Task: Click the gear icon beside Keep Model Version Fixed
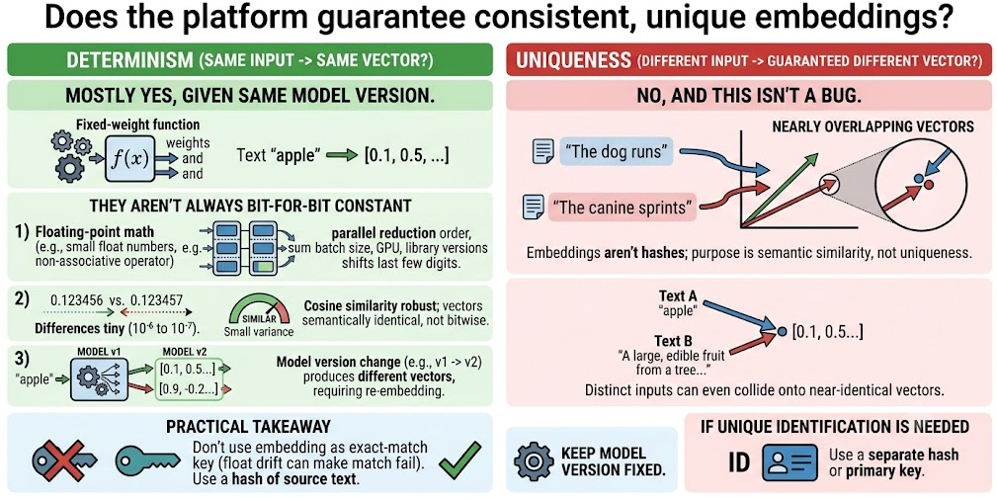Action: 534,461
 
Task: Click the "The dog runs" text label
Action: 616,152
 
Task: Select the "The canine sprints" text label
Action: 622,208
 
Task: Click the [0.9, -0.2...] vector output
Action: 187,388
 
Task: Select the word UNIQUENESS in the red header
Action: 573,61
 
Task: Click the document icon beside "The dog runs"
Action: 541,151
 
